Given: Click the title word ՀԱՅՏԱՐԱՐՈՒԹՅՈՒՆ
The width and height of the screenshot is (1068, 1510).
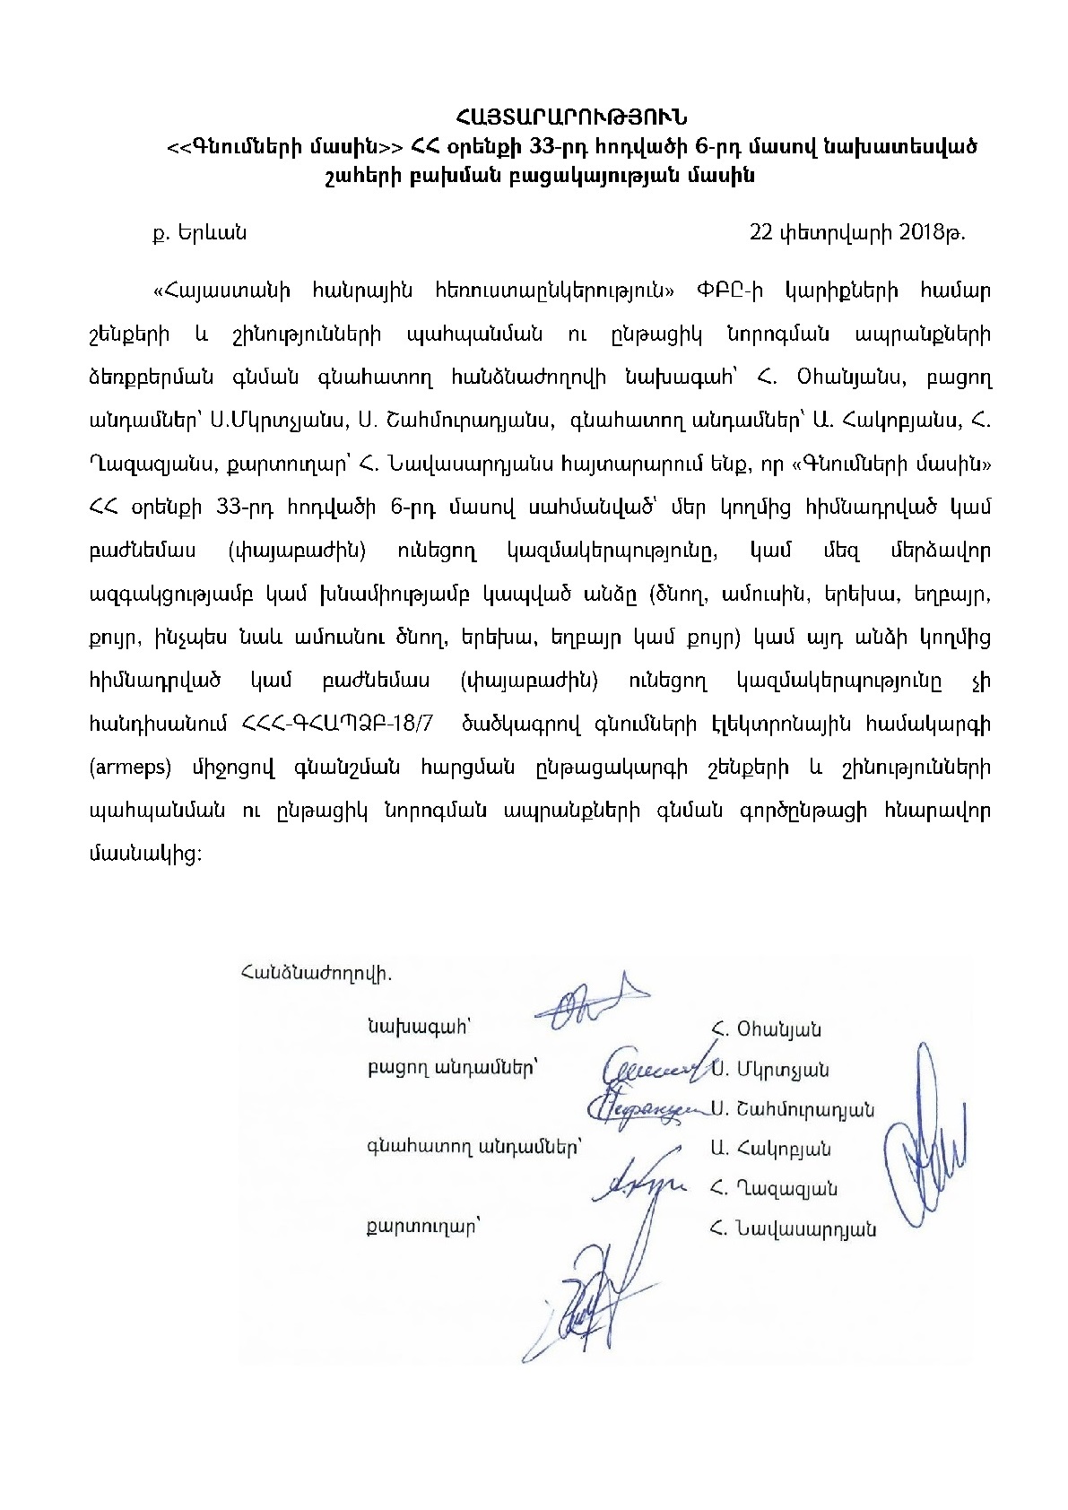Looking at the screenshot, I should click(x=570, y=117).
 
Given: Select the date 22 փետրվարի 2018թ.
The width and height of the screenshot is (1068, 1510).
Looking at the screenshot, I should click(x=857, y=233).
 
